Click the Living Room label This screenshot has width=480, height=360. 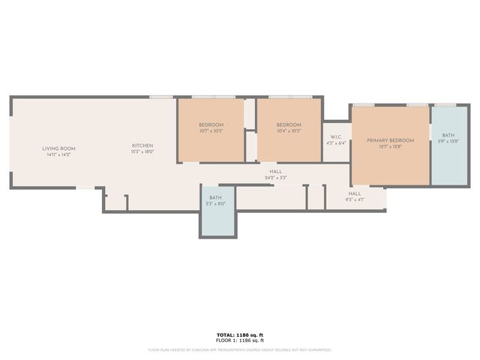click(58, 148)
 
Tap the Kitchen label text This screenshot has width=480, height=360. click(142, 145)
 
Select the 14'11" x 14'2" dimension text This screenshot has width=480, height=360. click(58, 154)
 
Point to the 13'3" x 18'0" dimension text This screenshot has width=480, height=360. click(142, 151)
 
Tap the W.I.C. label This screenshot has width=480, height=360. click(336, 136)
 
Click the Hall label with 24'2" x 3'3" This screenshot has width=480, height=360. click(276, 172)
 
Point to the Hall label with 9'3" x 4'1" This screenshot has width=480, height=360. click(354, 193)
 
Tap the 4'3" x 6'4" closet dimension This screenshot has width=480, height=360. click(336, 142)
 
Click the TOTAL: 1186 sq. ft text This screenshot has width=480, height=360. click(240, 334)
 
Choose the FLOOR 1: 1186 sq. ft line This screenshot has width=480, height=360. click(240, 340)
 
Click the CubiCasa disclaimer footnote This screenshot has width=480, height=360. click(240, 349)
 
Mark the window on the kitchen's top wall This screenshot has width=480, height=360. click(161, 97)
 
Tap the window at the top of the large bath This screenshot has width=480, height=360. click(445, 105)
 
